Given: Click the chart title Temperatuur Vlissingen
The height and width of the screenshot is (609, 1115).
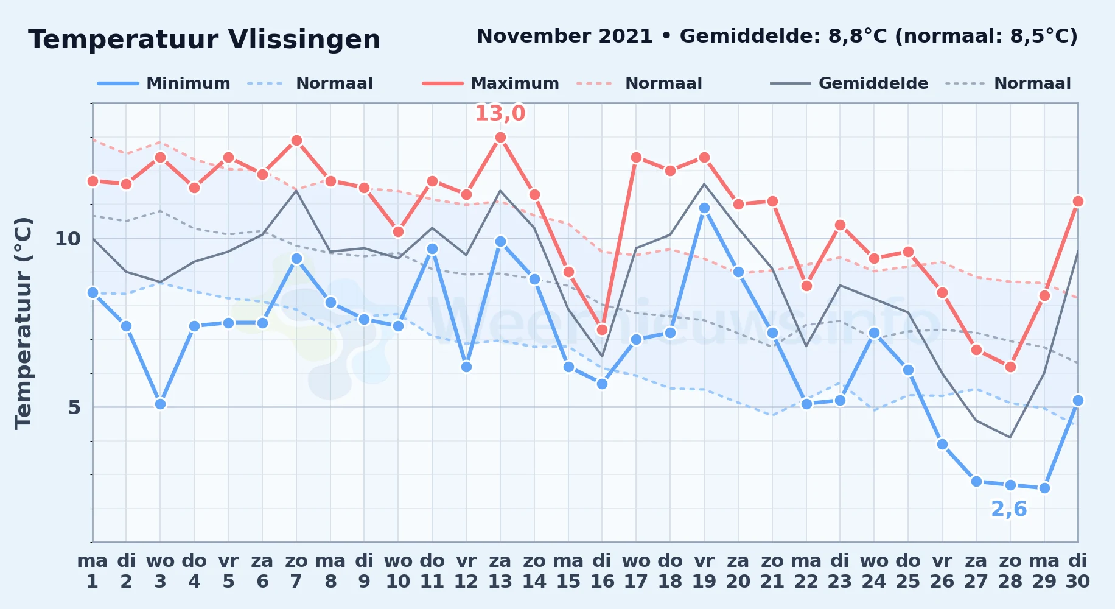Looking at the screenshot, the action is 204,40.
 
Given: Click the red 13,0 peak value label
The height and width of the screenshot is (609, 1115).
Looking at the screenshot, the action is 500,113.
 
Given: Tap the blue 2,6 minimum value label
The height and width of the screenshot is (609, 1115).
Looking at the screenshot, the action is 1009,509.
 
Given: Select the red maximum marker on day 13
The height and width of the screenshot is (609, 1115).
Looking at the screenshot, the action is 500,138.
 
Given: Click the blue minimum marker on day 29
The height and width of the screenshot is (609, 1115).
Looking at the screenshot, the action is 1044,488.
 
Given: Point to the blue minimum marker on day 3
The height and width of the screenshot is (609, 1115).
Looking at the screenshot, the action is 160,404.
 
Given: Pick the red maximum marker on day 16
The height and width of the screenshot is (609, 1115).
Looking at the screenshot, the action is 602,330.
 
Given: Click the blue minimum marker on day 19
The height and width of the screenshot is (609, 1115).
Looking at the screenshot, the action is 704,208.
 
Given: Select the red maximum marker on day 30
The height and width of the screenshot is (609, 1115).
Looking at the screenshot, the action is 1078,202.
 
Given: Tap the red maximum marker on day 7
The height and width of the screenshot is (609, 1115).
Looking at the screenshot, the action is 296,141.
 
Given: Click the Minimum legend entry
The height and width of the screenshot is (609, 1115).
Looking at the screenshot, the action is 164,83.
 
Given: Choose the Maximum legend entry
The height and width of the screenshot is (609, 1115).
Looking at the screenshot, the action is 491,83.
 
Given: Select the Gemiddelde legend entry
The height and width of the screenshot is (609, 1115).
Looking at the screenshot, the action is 849,83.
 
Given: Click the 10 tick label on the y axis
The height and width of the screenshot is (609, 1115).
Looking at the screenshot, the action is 68,239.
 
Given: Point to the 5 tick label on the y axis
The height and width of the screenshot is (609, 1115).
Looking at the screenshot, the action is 74,407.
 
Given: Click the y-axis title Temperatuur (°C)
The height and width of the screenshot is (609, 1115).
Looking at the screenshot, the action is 23,323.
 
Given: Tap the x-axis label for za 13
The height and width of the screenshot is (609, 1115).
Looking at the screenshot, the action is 500,571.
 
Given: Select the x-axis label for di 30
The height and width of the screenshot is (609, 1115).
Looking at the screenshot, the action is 1078,571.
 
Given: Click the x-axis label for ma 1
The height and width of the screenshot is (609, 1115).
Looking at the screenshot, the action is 93,571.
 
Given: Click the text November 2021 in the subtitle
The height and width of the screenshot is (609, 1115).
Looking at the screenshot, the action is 565,37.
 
